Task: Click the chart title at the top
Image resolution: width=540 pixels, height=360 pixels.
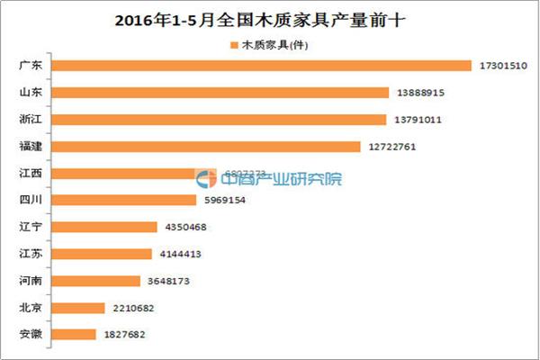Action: [x=269, y=19]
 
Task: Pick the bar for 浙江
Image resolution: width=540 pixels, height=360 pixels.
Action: [x=226, y=119]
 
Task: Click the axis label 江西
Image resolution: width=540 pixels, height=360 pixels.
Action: [x=41, y=173]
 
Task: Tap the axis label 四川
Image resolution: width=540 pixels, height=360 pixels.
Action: [x=41, y=200]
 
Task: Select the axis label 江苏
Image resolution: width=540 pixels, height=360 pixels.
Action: [x=41, y=254]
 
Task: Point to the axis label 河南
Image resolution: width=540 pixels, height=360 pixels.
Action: [x=41, y=281]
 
